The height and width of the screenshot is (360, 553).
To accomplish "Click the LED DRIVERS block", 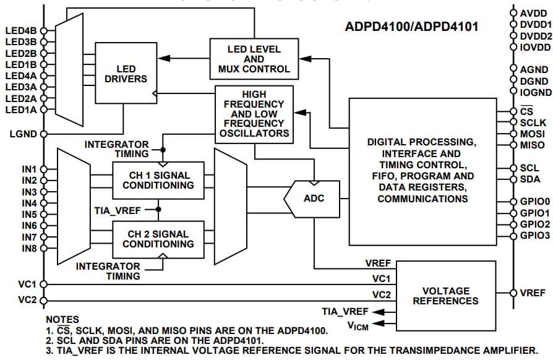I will coord(126,74).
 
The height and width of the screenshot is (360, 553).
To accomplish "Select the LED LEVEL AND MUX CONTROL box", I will coord(254,59).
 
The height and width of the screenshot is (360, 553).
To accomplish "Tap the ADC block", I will coord(314,199).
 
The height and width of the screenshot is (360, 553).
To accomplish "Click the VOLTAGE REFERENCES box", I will coord(445,295).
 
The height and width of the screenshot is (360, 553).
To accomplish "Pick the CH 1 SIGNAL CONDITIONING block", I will coord(158,179).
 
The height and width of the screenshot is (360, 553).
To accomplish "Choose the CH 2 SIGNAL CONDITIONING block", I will coord(158,239).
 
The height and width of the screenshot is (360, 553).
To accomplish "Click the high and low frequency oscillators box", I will coord(254,115).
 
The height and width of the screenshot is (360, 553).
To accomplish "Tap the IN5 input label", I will coord(29,215).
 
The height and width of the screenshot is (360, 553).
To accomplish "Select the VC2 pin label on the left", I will coord(28,300).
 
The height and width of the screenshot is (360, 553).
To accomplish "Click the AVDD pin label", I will coord(533,13).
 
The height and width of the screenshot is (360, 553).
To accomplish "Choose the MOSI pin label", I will coord(533,134).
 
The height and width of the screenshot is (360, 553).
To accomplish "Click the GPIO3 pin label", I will coord(534,236).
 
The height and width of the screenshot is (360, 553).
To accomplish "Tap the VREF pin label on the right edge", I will coord(533,293).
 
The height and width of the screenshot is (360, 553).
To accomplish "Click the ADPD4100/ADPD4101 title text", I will coord(411,27).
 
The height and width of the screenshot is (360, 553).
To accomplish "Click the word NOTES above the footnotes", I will coord(62,320).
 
